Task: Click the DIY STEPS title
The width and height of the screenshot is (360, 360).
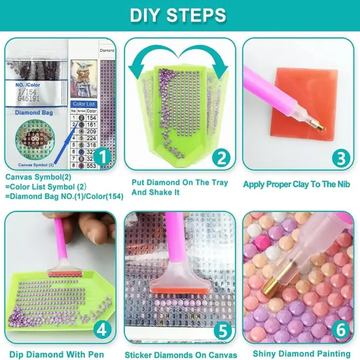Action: (179, 15)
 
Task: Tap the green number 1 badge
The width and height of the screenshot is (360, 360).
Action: (101, 156)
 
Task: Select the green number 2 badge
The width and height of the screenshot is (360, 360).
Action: (221, 156)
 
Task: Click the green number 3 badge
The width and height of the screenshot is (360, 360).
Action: (339, 156)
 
